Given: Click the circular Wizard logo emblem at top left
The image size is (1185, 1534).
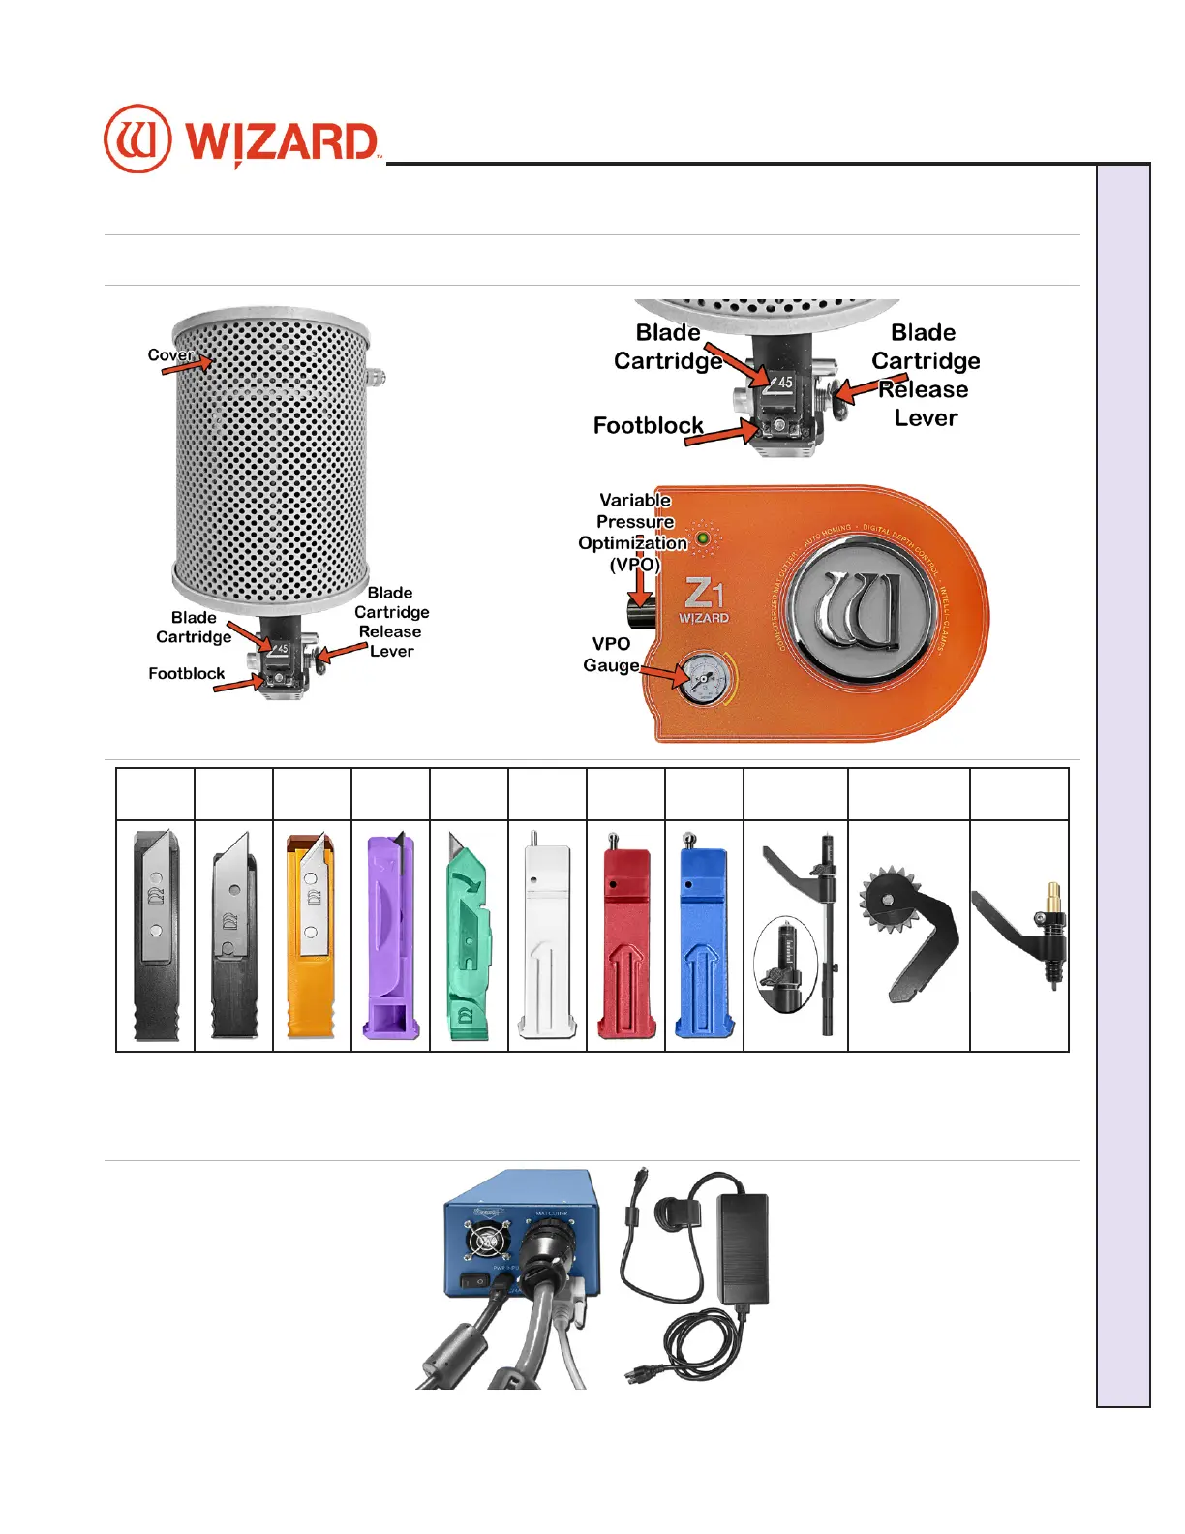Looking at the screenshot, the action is [x=137, y=138].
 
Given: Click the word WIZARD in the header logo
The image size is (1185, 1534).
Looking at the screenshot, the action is [x=281, y=142].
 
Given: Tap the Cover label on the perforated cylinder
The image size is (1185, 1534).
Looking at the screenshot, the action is [x=170, y=355].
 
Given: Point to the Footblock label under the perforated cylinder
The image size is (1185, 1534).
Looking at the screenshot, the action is [x=186, y=673].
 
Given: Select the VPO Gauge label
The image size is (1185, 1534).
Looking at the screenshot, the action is [x=611, y=655].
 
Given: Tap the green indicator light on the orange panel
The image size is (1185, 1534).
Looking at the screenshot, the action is [x=703, y=538].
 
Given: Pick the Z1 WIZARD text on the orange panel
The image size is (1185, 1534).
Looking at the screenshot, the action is [x=704, y=601].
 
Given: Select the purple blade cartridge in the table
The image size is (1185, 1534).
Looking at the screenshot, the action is [x=390, y=934].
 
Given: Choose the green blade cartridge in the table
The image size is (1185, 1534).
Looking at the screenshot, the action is [x=469, y=936].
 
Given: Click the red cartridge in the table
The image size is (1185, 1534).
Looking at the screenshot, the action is [x=625, y=934].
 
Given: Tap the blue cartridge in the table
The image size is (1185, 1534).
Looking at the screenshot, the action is [x=704, y=934].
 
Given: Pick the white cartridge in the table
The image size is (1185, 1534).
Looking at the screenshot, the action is [x=547, y=934].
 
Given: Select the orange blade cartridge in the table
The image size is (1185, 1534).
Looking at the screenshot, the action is [x=312, y=934].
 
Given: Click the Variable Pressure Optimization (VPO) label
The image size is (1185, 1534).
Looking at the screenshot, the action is [x=633, y=532].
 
